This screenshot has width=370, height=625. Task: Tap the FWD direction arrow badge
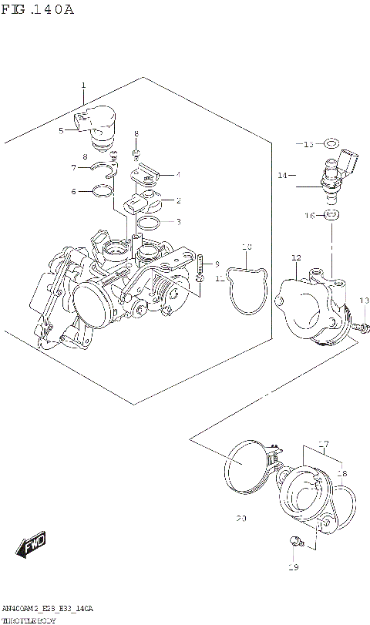33,546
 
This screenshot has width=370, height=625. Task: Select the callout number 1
83,86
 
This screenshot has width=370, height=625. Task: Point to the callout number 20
241,519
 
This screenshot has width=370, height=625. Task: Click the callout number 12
295,257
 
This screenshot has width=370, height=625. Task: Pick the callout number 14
282,176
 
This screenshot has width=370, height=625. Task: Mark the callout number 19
292,568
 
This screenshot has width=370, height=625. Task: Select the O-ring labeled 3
150,223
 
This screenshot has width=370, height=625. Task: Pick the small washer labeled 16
330,216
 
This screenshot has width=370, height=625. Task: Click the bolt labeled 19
295,540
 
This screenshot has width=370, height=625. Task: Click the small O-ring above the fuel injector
331,143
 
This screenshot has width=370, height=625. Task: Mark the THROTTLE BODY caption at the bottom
29,620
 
